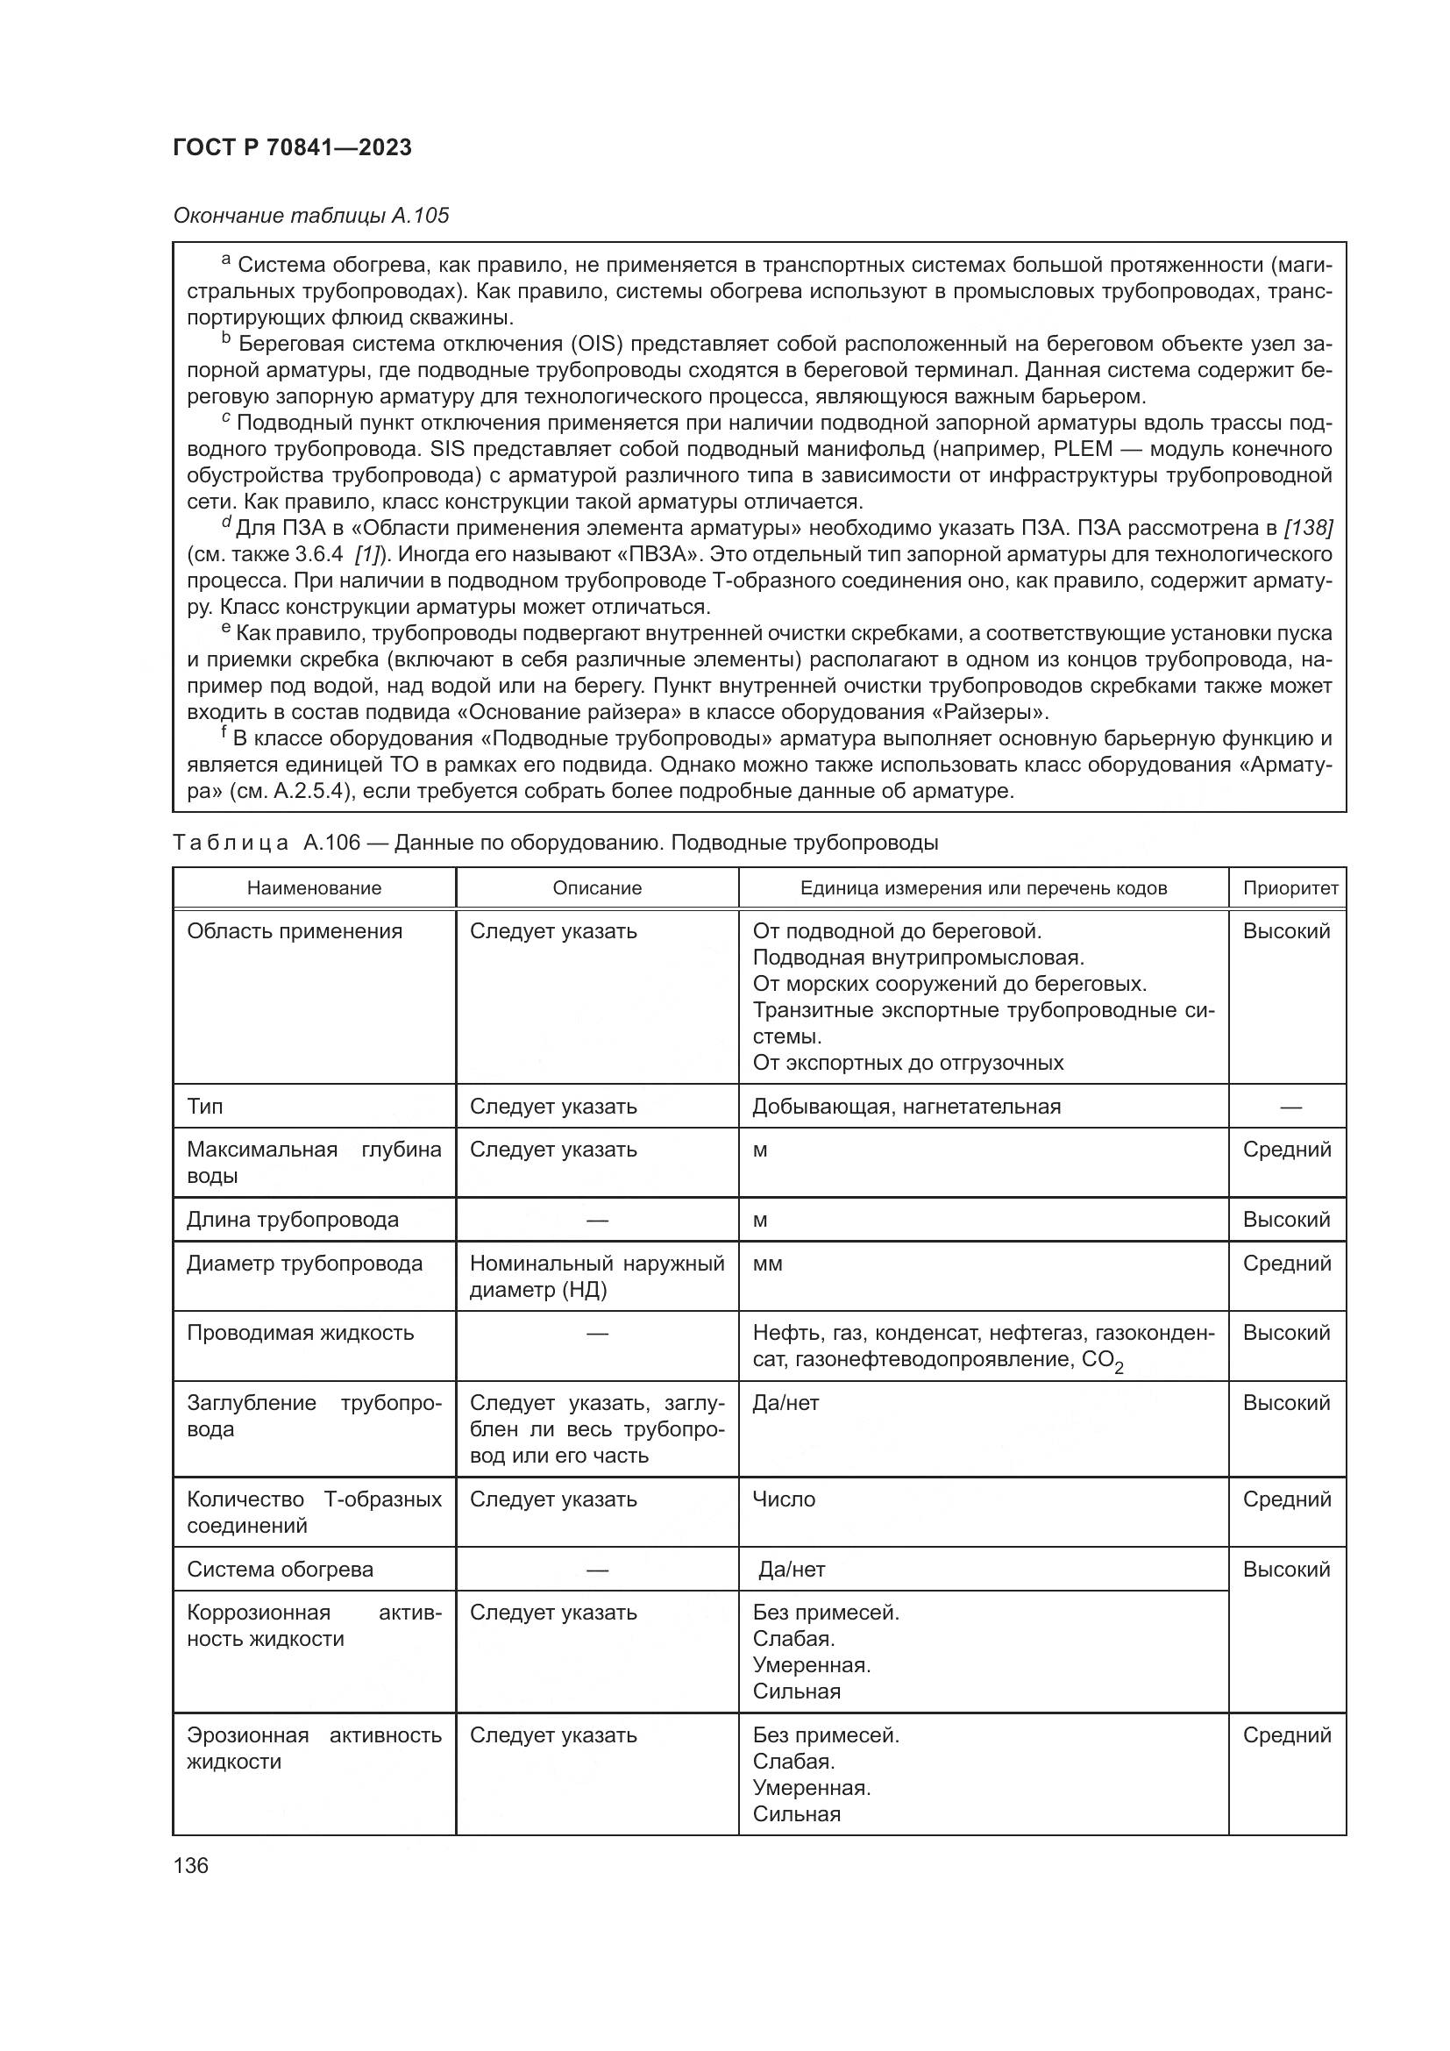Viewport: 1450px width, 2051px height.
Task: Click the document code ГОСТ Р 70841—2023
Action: click(x=292, y=148)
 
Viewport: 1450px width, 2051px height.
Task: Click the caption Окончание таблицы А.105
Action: click(x=310, y=216)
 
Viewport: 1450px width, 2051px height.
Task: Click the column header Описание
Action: click(x=596, y=888)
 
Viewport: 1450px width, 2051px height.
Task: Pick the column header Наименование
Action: click(x=315, y=888)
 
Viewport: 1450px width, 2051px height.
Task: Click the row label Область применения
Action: click(x=295, y=931)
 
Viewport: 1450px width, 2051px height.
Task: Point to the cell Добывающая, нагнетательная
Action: click(x=906, y=1107)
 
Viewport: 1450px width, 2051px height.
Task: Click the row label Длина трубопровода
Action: click(x=293, y=1220)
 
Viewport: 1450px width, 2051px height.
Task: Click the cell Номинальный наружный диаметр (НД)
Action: click(x=596, y=1276)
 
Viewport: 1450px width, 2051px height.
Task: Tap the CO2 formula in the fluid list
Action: click(x=1102, y=1361)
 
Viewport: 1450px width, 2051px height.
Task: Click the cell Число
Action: click(x=783, y=1499)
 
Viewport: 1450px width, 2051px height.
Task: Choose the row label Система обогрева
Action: click(x=280, y=1570)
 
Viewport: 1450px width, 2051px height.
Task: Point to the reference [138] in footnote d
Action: click(x=1307, y=528)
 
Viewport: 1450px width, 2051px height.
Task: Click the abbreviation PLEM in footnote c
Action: click(x=1083, y=448)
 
